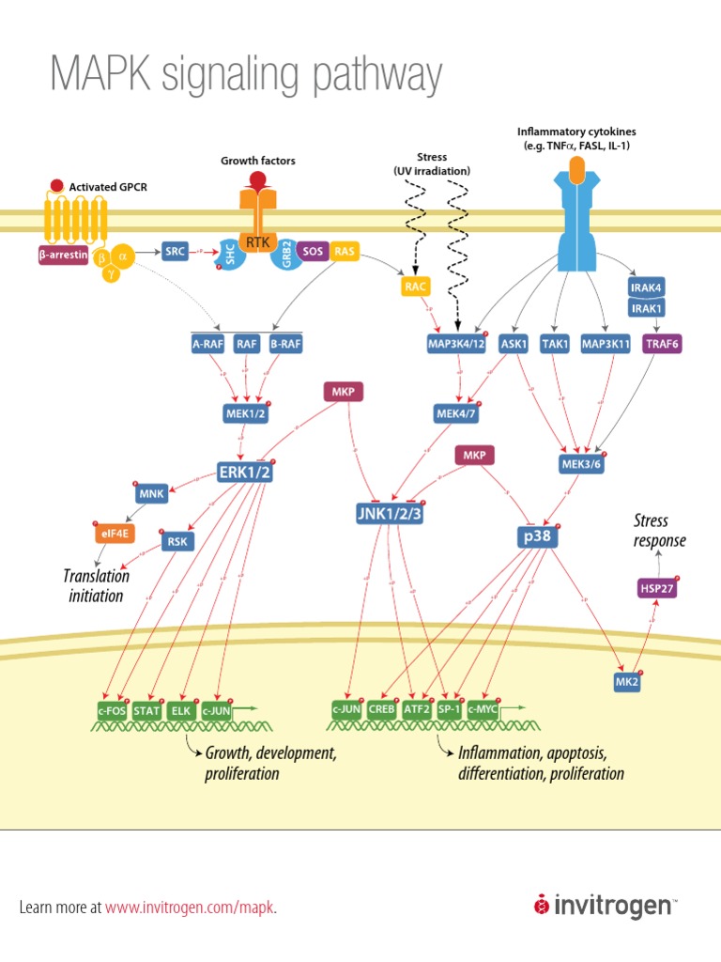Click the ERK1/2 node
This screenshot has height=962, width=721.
[244, 471]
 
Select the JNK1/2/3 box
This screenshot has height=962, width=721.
[389, 512]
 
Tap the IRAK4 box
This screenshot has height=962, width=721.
[648, 287]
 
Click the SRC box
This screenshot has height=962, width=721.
[176, 251]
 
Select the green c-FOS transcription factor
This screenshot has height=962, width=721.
[112, 710]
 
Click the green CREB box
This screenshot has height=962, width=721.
[381, 710]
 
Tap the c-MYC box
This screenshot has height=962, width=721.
[483, 710]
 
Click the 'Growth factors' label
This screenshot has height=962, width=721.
[258, 161]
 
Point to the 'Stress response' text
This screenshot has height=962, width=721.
[659, 530]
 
